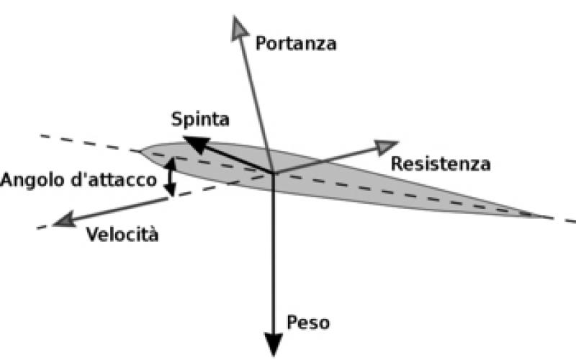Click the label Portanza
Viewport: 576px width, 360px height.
click(x=296, y=43)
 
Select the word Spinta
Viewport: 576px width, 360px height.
click(x=199, y=120)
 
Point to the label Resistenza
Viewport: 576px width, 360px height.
click(x=441, y=164)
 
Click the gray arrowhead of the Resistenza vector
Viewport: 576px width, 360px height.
click(x=387, y=145)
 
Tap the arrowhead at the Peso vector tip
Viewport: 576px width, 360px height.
click(x=274, y=343)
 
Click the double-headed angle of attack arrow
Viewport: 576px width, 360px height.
click(x=170, y=176)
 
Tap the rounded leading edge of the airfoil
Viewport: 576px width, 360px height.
click(x=142, y=152)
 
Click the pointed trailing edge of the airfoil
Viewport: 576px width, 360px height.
click(x=551, y=217)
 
